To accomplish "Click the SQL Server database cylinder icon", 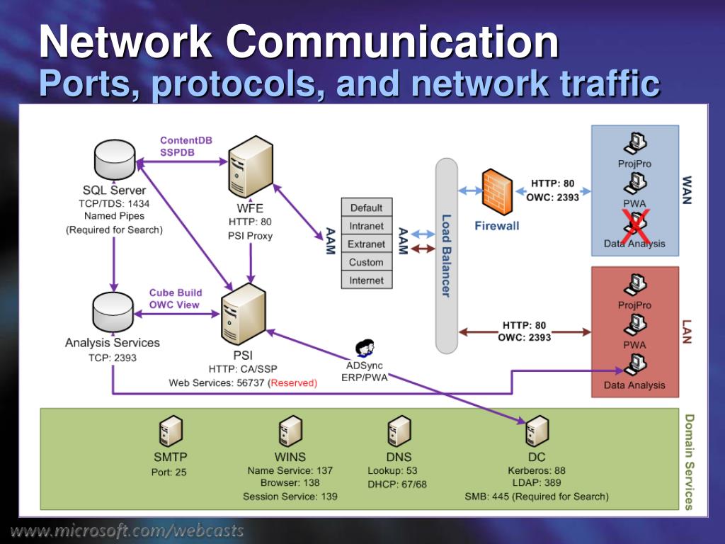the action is [x=115, y=159].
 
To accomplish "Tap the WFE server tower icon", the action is [x=250, y=166].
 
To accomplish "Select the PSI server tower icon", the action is [x=244, y=314].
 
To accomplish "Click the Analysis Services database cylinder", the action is [x=113, y=312].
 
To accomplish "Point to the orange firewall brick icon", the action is [x=497, y=192].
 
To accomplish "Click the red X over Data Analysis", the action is [x=635, y=227].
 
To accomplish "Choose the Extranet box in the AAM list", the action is [x=367, y=244].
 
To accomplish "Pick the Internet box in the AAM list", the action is [x=367, y=280].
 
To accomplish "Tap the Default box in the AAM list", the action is [x=367, y=208].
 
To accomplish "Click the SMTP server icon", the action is [x=171, y=431].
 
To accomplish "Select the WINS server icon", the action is [x=290, y=431].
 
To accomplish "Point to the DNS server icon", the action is [x=399, y=431].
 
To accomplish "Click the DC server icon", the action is [x=537, y=431].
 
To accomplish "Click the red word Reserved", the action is [x=294, y=383].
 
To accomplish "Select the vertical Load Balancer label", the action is [x=446, y=255].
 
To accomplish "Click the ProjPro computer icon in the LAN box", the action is [x=635, y=285].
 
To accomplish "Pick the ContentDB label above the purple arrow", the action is [x=186, y=140].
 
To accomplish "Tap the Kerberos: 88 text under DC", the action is [x=537, y=470].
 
